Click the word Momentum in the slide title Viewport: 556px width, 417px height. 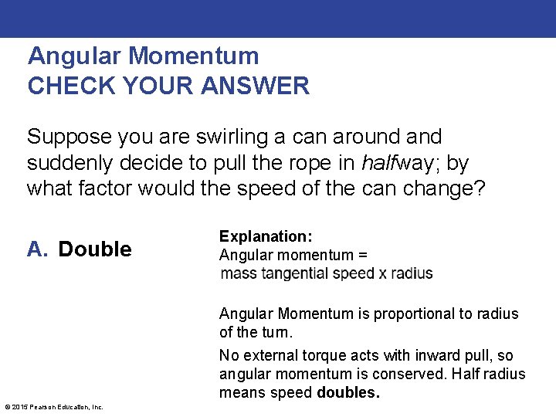pyautogui.click(x=194, y=56)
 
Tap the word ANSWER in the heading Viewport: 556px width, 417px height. pyautogui.click(x=255, y=85)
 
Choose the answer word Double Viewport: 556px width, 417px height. pyautogui.click(x=95, y=249)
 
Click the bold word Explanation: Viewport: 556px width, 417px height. pyautogui.click(x=266, y=236)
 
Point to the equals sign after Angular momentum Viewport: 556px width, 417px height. pyautogui.click(x=363, y=255)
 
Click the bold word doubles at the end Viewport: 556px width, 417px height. pyautogui.click(x=348, y=392)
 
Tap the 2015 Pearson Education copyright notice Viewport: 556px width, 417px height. pyautogui.click(x=54, y=407)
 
